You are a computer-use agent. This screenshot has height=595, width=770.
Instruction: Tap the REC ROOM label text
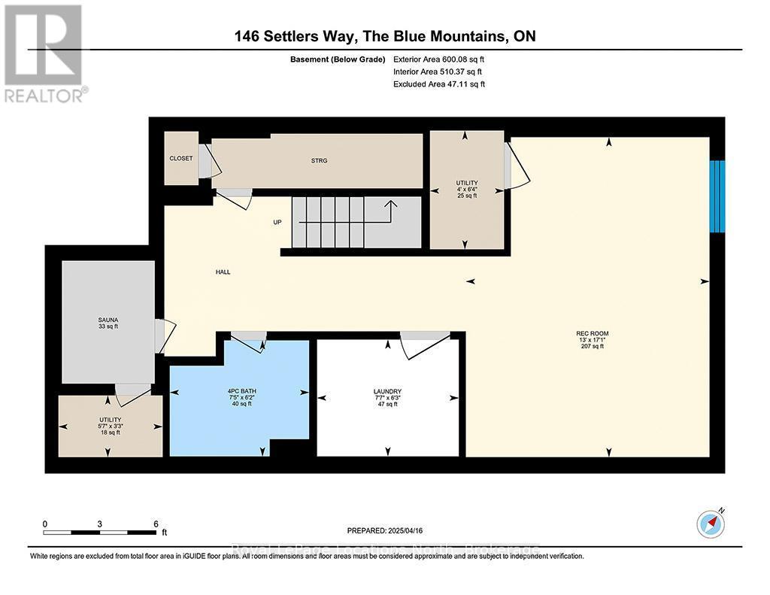click(x=592, y=333)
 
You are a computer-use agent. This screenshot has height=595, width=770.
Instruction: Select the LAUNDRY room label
click(x=387, y=392)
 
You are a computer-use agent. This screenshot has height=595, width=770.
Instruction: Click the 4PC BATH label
click(x=239, y=392)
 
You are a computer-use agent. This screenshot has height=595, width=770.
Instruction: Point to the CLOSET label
click(x=180, y=159)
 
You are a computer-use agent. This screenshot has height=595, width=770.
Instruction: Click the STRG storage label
click(x=320, y=160)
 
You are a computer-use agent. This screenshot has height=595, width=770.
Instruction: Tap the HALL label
click(x=223, y=272)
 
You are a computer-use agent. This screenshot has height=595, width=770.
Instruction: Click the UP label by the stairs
click(x=277, y=222)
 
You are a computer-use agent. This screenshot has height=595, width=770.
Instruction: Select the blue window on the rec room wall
click(x=718, y=196)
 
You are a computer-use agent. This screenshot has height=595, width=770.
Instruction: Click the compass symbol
click(x=710, y=523)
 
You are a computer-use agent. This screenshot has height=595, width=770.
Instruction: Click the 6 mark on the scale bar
click(x=155, y=524)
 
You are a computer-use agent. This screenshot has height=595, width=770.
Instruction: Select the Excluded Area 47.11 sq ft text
click(x=439, y=84)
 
